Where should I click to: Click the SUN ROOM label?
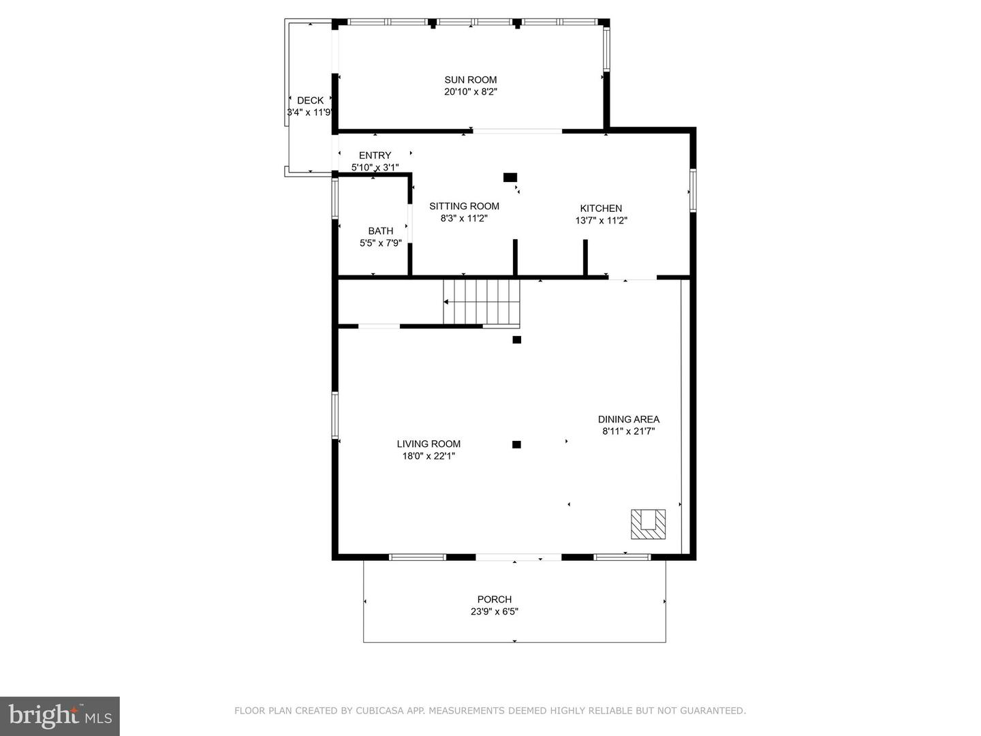[x=470, y=80]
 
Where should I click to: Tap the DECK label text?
[x=310, y=101]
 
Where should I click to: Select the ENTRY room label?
[x=375, y=155]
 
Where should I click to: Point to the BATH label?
[x=381, y=231]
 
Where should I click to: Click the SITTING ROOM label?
[x=465, y=206]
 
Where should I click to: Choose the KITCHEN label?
[x=601, y=209]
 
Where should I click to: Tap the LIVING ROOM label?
[x=429, y=444]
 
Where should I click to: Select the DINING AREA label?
[x=629, y=420]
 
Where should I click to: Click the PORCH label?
[x=495, y=600]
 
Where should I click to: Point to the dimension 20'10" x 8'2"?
[x=471, y=92]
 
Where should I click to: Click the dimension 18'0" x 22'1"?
[x=429, y=457]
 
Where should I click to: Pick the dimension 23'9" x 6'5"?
[x=495, y=612]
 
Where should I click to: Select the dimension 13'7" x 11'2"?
[x=601, y=220]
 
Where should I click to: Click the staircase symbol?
[x=482, y=302]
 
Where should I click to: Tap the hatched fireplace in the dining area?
[x=648, y=524]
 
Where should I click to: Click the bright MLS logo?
[x=60, y=716]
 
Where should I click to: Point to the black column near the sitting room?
[x=510, y=177]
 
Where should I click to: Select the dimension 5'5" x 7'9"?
[x=381, y=243]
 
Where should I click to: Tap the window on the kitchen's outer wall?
[x=693, y=190]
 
